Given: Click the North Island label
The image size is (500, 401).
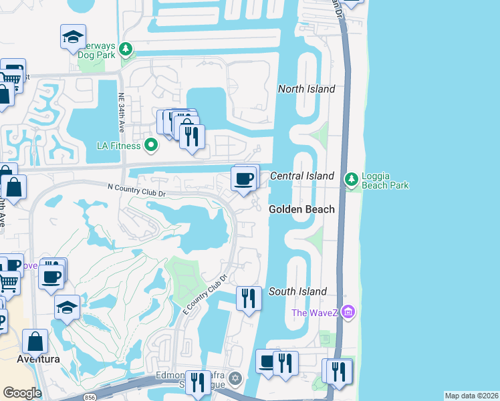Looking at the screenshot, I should coord(306,89).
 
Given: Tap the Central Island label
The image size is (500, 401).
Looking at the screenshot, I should coord(301,176).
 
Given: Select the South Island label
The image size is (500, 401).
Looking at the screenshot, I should coord(297,291).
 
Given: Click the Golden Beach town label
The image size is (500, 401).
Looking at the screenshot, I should coord(301,209).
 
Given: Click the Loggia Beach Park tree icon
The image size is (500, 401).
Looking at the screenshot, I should coord(350,180).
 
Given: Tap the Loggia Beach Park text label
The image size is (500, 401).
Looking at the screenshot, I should coord(385,180).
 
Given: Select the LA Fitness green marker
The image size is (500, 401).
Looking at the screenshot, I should coord(152,145).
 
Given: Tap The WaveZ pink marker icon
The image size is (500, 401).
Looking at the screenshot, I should coord(347,312).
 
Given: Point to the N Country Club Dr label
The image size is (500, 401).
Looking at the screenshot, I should coord(136,190).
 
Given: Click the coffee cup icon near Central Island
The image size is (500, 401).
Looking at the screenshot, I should coord(243,179).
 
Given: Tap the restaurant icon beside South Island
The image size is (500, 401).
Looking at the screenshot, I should coord(249,297).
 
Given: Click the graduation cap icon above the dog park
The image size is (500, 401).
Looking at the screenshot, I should coord(73,37).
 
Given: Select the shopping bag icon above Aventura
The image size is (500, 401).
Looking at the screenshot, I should coord(35,342).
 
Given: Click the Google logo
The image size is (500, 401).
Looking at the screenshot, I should coord(21,393).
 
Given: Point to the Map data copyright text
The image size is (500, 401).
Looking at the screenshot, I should coord(471,396).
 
